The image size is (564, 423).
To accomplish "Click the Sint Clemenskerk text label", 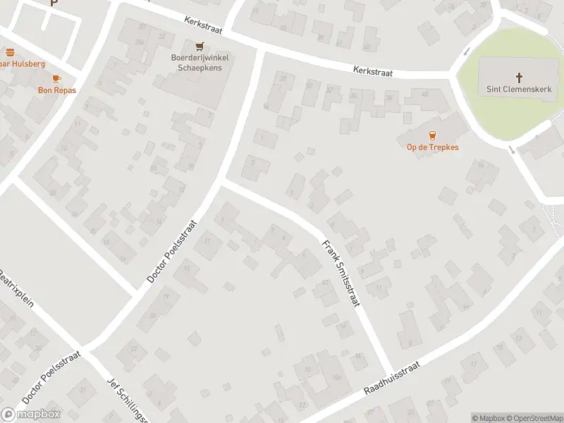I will [x=519, y=90].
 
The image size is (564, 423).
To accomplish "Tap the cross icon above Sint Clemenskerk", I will [x=520, y=77].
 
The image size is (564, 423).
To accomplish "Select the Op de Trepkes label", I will [x=433, y=147].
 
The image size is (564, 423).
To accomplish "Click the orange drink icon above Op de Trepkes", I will [x=433, y=135].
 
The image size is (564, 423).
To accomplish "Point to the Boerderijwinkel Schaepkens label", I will [x=200, y=62].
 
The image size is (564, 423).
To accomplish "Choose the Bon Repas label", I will [x=57, y=90].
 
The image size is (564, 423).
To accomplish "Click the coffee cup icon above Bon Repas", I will [x=57, y=78].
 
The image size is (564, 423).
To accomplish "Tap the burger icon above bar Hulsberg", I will [x=10, y=52].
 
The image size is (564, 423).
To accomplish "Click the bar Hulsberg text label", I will [x=21, y=63].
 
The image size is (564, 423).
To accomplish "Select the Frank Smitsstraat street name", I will [x=341, y=274].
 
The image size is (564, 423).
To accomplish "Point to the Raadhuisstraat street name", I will [x=392, y=379].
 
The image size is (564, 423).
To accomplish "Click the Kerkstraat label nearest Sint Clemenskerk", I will [x=372, y=72].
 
